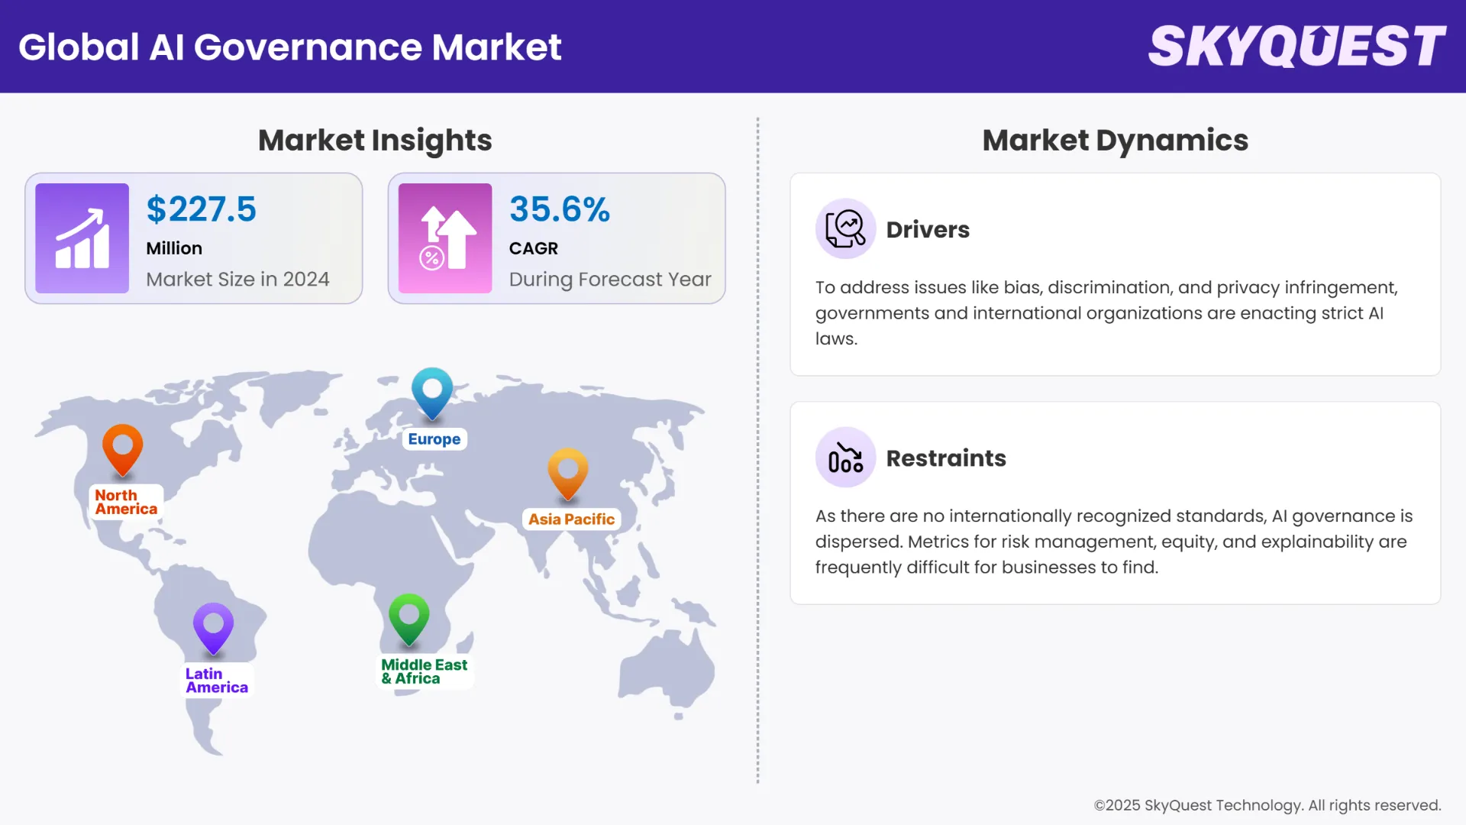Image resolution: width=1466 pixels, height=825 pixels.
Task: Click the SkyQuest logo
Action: (x=1296, y=46)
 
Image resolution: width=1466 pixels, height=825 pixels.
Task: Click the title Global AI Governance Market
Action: (x=290, y=47)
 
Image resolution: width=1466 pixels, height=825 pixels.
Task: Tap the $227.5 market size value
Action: (x=202, y=209)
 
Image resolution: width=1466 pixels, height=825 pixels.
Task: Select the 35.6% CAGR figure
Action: (x=560, y=209)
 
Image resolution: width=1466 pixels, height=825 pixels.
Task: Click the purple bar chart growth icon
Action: (x=82, y=238)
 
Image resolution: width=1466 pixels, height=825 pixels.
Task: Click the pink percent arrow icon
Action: (x=445, y=238)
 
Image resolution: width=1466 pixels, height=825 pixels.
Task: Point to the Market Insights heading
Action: (x=375, y=141)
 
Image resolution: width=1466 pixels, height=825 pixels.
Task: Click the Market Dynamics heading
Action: (x=1115, y=141)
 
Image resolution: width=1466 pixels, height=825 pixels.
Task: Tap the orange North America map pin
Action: (x=123, y=448)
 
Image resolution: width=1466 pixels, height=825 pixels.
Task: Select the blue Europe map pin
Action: (x=432, y=391)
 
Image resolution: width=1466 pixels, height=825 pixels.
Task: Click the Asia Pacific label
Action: (x=571, y=519)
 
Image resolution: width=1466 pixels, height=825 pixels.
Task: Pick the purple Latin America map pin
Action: (x=213, y=627)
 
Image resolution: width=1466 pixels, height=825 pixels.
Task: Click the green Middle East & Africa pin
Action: (x=409, y=617)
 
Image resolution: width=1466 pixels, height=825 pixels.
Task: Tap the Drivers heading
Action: (x=928, y=230)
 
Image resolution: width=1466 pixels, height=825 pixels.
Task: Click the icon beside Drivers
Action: (x=845, y=228)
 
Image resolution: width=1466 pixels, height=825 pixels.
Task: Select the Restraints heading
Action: (x=946, y=458)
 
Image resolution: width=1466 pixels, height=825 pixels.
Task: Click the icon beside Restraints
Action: (x=845, y=458)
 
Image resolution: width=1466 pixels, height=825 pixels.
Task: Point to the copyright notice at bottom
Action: (x=1267, y=805)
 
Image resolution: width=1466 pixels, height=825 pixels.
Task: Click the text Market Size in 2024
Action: (x=237, y=280)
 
